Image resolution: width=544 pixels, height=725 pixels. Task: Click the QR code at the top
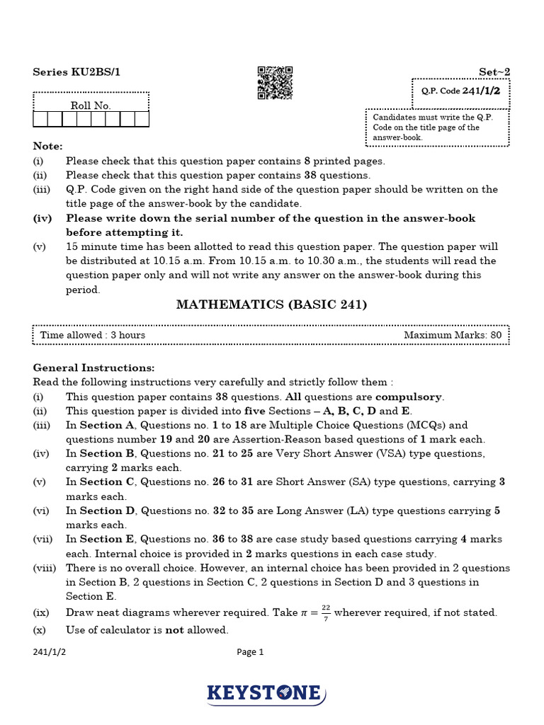click(x=275, y=83)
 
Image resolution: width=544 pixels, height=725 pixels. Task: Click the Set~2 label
click(x=494, y=72)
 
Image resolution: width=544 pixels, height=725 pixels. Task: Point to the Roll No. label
click(x=91, y=105)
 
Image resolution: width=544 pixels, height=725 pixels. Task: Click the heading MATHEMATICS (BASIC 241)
click(x=271, y=304)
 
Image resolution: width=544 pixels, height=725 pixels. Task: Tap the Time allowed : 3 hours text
click(x=93, y=335)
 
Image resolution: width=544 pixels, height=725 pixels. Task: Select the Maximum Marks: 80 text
click(x=453, y=335)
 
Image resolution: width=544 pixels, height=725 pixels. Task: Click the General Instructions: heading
click(x=93, y=368)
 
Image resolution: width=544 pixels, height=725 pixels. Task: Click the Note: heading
click(x=48, y=146)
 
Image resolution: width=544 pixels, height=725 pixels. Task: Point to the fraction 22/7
click(x=325, y=613)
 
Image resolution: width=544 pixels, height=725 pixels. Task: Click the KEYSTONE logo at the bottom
click(x=266, y=693)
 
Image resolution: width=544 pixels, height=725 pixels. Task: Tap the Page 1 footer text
click(x=250, y=653)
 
